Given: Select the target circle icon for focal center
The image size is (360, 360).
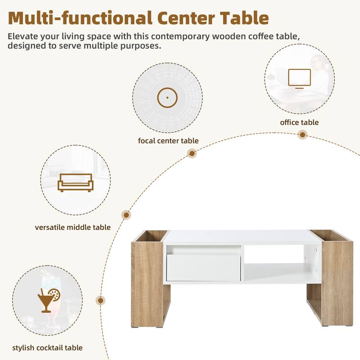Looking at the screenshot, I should pos(167,97).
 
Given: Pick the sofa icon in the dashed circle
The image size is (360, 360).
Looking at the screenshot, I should pos(75,182).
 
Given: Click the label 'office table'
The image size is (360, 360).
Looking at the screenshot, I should pos(299,122).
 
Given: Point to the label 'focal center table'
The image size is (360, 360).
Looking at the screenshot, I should pos(168,141).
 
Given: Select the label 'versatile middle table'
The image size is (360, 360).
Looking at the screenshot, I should pos(72,227).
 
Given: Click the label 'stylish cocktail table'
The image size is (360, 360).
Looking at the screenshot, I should pos(47,347).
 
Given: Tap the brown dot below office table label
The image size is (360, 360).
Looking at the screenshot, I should pos(303,135).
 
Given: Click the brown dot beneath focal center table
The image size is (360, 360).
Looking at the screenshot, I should pos(192,153).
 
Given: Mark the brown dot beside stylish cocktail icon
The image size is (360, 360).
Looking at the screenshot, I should pos(101,301).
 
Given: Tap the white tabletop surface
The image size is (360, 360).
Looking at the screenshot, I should pos(238,237).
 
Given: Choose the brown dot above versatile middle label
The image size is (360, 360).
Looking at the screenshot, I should pos(126,215).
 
